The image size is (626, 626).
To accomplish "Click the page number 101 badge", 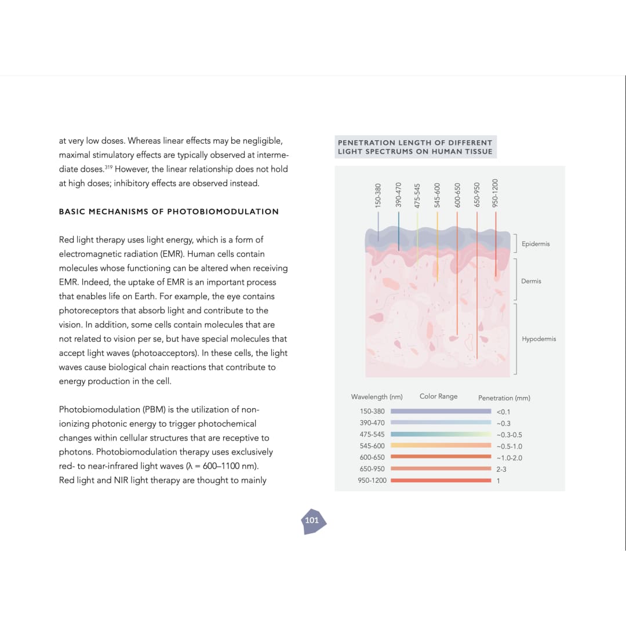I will [312, 520].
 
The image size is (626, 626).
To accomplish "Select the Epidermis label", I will [535, 244].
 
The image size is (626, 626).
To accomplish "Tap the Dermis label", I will [531, 281].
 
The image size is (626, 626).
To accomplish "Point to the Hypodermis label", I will [538, 339].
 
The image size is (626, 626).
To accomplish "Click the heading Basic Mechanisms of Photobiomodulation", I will [169, 212].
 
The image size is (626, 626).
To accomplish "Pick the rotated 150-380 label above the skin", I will [378, 195].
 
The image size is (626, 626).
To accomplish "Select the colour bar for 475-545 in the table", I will [441, 434].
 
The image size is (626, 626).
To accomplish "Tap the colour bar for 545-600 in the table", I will [441, 446].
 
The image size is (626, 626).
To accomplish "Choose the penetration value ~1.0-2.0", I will [509, 458].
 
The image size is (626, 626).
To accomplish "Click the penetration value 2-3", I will [501, 469].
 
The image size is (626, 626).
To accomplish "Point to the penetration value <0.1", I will [503, 412].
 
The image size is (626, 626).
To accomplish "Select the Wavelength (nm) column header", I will [377, 397].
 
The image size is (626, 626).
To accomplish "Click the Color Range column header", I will [438, 396].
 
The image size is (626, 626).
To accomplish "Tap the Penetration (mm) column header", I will [504, 398].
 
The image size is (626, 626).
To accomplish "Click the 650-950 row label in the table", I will [372, 469].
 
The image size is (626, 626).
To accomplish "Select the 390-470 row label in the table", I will [372, 423].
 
